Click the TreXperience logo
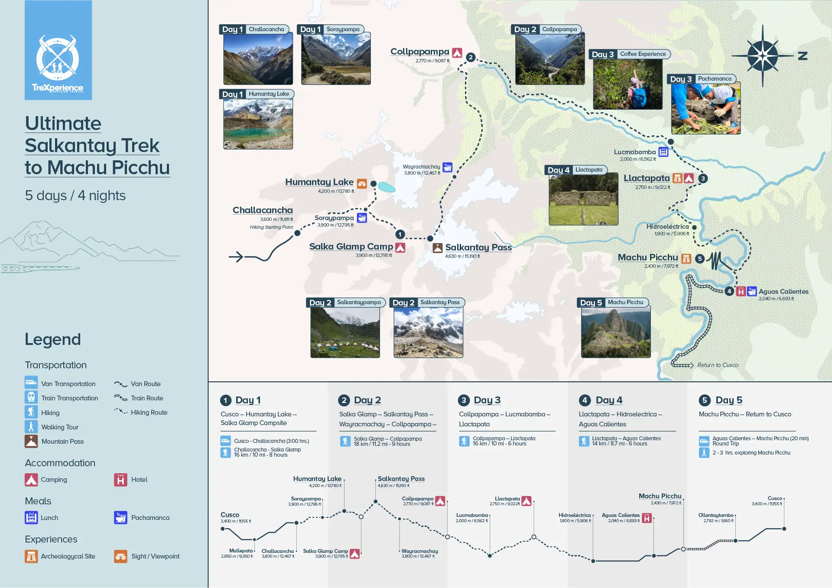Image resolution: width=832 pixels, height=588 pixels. click(x=58, y=51)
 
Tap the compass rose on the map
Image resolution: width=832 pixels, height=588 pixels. click(x=763, y=56)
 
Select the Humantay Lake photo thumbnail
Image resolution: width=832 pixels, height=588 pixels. click(x=258, y=123)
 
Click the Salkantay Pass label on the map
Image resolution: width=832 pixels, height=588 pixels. click(x=478, y=247)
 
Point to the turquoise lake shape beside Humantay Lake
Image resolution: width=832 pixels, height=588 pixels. click(x=387, y=187)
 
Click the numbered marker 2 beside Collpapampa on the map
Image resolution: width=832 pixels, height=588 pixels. click(x=471, y=57)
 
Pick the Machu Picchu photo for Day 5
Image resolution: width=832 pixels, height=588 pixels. click(x=615, y=332)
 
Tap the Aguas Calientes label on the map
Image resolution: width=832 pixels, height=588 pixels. click(x=783, y=292)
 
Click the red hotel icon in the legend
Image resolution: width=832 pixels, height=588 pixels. click(x=120, y=480)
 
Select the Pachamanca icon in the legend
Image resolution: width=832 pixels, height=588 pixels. click(x=120, y=517)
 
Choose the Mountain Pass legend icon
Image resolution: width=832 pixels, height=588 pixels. click(x=31, y=442)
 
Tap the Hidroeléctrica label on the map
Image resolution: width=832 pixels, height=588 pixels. click(x=667, y=227)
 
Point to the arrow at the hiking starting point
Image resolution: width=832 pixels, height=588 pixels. click(x=236, y=257)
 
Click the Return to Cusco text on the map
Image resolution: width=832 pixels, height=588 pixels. click(x=718, y=365)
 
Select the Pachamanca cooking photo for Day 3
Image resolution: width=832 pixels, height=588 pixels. click(x=705, y=108)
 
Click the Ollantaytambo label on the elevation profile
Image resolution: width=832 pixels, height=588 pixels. click(x=715, y=515)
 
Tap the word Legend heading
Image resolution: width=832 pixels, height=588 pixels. click(x=53, y=339)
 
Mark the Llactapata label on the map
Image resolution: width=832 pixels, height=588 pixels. click(x=647, y=178)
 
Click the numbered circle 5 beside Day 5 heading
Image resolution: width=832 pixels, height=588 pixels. click(x=705, y=400)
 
